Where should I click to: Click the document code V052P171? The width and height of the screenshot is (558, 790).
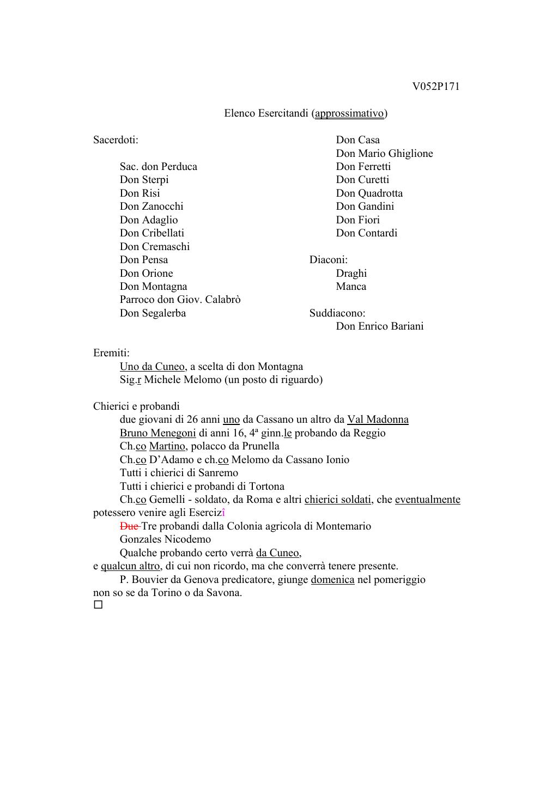pos(435,87)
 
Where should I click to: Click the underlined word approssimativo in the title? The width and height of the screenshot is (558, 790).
pos(349,113)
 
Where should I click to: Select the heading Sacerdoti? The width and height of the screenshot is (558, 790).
pos(116,140)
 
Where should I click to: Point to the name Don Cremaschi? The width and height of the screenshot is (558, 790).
pos(155,247)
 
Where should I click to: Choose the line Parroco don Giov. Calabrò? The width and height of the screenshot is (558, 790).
pos(180,300)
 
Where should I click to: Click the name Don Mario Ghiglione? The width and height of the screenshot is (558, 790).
pos(384,154)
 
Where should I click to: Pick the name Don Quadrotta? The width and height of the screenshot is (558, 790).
pos(369,193)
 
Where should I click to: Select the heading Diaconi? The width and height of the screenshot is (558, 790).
pos(328,260)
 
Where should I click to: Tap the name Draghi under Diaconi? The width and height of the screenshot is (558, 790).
pos(351,274)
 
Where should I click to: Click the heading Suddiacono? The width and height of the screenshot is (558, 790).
pos(337,313)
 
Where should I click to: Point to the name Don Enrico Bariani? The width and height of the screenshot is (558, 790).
pos(379,326)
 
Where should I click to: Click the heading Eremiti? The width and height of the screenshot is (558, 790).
pos(111,353)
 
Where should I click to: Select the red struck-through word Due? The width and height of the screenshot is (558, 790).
pos(129,526)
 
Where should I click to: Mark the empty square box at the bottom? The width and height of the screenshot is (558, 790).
pos(98,605)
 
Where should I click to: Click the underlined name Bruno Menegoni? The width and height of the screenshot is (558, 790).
pos(157,433)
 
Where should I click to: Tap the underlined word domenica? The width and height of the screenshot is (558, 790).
pos(332,580)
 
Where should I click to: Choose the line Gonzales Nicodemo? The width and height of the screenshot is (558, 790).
pos(165,539)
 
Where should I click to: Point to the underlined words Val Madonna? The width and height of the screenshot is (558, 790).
pos(378,420)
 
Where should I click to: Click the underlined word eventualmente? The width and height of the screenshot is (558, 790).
pos(427,500)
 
